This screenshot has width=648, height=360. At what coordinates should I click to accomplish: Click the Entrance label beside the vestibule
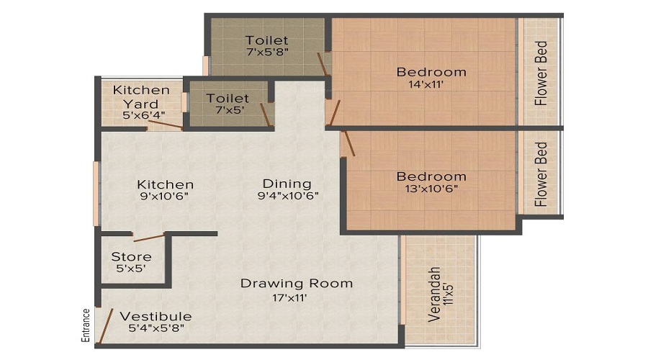click(x=86, y=325)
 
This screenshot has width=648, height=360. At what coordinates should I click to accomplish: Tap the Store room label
click(x=131, y=257)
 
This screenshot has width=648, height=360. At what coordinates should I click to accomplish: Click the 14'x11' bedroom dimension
click(x=431, y=85)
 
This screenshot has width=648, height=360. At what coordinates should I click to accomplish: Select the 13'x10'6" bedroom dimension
click(x=431, y=189)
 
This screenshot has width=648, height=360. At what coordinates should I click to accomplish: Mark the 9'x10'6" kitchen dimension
click(x=166, y=196)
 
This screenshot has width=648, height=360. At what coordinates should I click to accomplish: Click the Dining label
click(x=287, y=184)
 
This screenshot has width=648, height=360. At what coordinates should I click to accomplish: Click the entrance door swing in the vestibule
click(x=105, y=325)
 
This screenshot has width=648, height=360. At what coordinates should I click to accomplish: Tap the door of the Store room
click(x=148, y=237)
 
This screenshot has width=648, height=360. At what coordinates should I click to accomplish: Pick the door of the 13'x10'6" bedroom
click(x=348, y=143)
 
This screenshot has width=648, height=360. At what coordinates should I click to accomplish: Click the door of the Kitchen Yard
click(x=166, y=125)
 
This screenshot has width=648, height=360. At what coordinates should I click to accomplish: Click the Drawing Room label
click(x=296, y=283)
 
